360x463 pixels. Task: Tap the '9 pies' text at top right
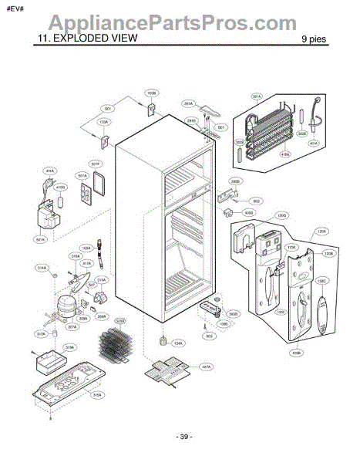coord(318,38)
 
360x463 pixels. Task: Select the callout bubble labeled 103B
coord(151,93)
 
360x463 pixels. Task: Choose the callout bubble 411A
coord(50,170)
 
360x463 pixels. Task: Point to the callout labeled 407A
coord(205,367)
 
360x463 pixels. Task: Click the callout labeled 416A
coord(264,155)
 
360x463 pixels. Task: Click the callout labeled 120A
coord(322,231)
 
